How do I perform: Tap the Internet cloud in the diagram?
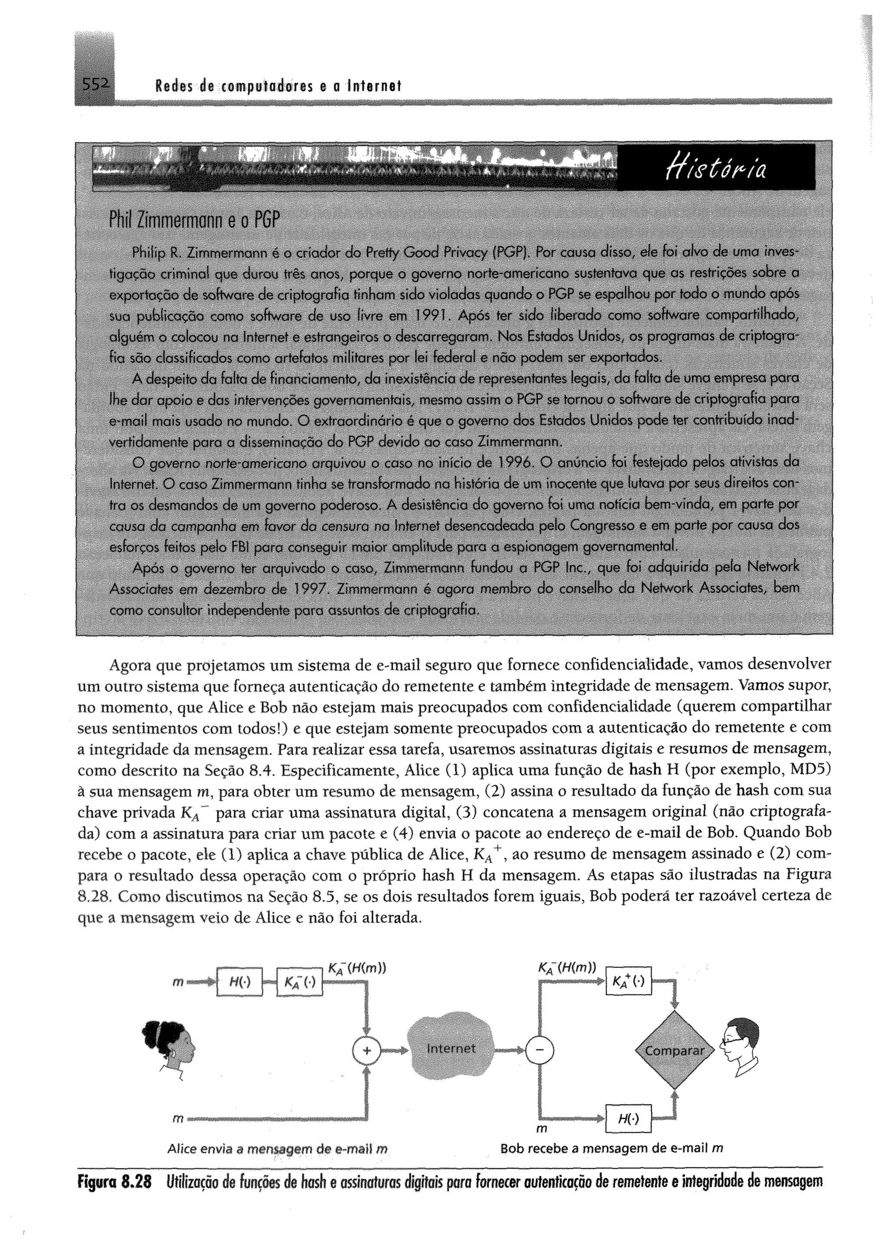[x=451, y=1048]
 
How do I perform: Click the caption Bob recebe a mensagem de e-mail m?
[x=611, y=1149]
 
